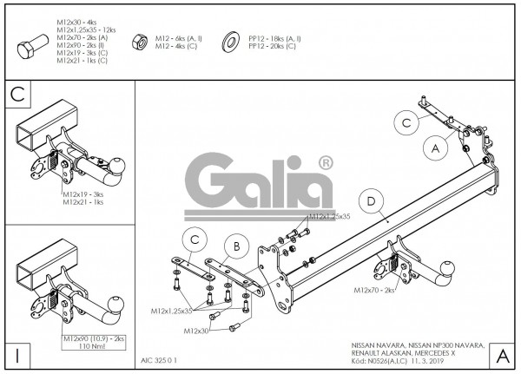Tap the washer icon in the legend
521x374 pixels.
(x=232, y=41)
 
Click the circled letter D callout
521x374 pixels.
(x=371, y=202)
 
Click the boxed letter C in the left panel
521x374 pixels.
(x=16, y=93)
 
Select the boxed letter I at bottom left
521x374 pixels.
(x=16, y=354)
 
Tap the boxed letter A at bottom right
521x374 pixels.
(x=502, y=354)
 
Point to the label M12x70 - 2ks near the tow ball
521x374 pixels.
(x=375, y=292)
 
